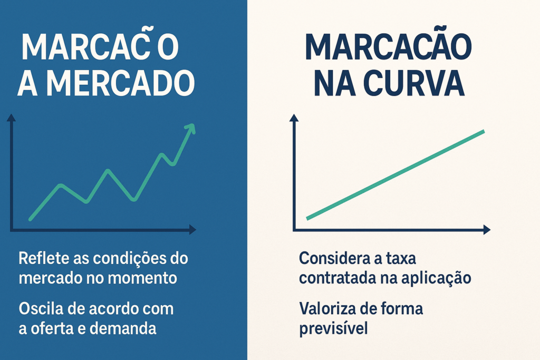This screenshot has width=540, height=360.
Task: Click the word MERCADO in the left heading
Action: click(x=121, y=83)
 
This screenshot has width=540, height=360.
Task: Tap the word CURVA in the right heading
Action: click(x=414, y=83)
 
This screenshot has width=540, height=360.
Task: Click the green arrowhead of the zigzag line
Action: click(x=190, y=130)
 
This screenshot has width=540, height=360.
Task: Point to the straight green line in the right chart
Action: click(x=396, y=175)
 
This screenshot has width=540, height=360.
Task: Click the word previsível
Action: click(x=333, y=329)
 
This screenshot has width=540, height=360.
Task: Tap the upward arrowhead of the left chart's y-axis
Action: click(x=12, y=118)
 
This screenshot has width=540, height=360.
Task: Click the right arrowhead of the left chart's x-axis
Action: click(x=192, y=230)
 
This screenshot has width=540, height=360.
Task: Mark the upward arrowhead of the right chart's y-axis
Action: click(x=294, y=118)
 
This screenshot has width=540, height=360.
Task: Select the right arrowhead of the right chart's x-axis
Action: click(x=487, y=230)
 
